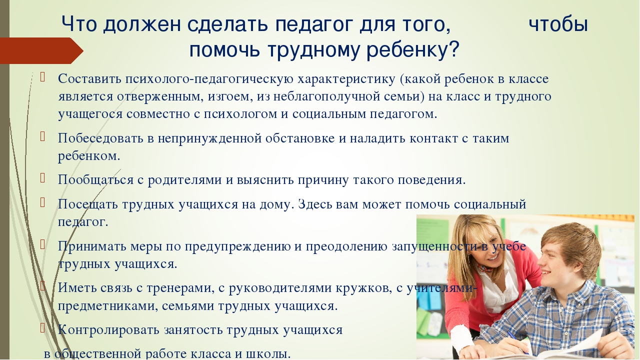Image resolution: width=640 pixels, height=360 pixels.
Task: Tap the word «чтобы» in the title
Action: (558, 24)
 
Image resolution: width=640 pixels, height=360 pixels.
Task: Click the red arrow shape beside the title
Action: (41, 50)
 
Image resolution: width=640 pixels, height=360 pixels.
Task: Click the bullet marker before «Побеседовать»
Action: (42, 137)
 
